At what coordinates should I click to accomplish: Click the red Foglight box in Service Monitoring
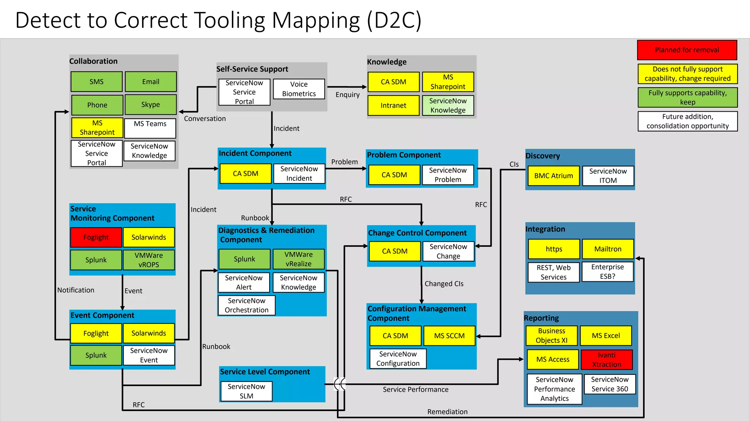96,237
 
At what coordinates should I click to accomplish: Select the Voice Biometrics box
299,89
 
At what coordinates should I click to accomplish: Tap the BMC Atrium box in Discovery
553,176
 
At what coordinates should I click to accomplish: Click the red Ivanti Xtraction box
606,360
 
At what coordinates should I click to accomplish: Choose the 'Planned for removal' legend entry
687,50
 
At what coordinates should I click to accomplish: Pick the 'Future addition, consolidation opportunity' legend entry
687,121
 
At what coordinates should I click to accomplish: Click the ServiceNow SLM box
246,391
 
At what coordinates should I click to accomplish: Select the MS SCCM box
449,336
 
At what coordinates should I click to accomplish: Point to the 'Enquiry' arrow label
347,95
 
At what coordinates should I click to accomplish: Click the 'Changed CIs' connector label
444,284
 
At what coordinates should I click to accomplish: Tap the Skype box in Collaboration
151,105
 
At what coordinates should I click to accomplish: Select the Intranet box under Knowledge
393,105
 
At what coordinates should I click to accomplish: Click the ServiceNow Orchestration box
246,306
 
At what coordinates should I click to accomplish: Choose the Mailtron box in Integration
608,249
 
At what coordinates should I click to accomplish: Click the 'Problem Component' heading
404,155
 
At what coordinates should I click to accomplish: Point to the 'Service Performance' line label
415,389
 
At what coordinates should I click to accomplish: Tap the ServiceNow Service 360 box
609,384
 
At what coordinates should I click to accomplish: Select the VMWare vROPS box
149,260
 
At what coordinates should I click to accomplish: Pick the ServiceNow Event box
149,355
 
